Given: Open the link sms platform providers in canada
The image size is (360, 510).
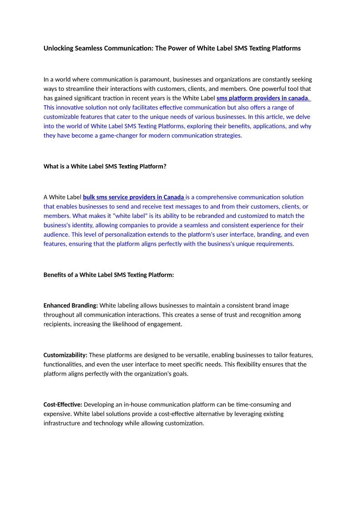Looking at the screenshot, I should [x=262, y=98].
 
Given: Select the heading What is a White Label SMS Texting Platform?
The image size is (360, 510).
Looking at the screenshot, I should [x=105, y=166].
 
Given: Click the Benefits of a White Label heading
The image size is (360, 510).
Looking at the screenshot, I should [x=108, y=275].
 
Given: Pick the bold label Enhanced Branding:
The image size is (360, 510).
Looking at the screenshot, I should [x=70, y=305].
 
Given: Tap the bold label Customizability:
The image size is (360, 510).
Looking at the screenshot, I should [x=65, y=355].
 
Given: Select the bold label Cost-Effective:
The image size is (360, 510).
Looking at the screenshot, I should [x=63, y=404].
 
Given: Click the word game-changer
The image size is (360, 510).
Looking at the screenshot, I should [x=120, y=135].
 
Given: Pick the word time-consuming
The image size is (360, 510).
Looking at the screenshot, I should [x=258, y=404].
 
